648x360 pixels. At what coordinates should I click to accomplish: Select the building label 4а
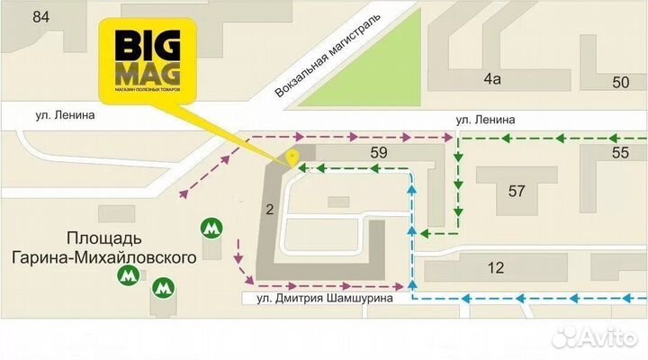pos(491,80)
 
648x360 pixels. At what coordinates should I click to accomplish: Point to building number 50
pos(620,83)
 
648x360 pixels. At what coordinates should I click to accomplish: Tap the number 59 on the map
pos(378,153)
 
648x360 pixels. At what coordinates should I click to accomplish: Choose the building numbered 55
pos(620,153)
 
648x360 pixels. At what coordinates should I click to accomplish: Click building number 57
pos(516,190)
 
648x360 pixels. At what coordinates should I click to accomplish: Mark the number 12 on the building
pos(496,267)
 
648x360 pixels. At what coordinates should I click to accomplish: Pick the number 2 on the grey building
pos(269,210)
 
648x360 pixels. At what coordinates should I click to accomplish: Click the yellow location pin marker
pos(292,158)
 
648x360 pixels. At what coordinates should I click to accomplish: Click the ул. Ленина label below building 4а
pos(485,118)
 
